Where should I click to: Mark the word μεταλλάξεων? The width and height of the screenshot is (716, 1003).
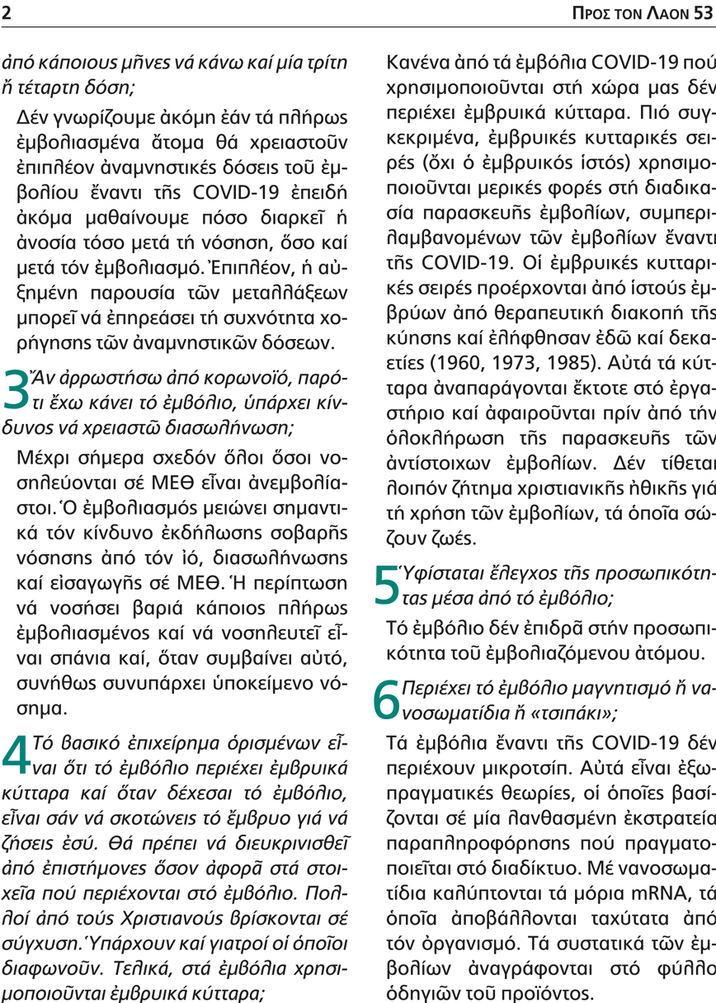tap(285, 294)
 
